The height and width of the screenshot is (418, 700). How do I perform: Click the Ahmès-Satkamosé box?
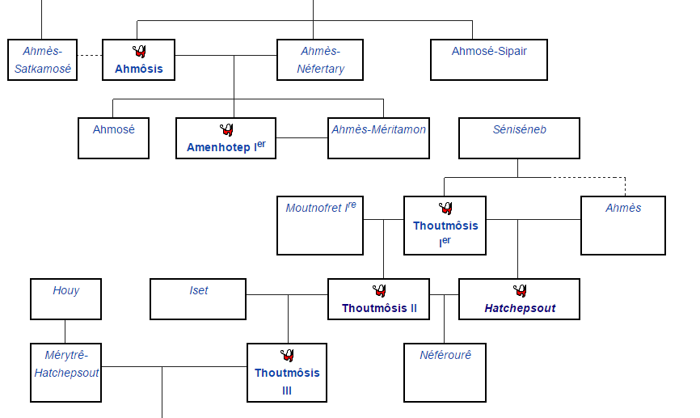click(43, 60)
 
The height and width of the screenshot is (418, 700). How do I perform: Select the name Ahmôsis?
click(139, 69)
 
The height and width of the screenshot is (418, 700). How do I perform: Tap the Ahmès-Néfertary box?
click(320, 60)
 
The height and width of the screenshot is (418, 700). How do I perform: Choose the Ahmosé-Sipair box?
click(489, 60)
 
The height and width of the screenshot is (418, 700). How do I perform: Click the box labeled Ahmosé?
click(114, 137)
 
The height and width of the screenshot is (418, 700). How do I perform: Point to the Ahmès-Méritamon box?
click(378, 137)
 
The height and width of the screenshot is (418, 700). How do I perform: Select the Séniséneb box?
click(519, 137)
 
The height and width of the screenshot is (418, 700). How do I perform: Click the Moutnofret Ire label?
click(320, 208)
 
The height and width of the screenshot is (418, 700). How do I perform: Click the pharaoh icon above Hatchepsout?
click(520, 291)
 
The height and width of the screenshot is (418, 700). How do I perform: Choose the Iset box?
click(199, 298)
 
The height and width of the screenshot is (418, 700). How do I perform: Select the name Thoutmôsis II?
click(379, 308)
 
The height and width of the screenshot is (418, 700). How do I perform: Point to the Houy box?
click(66, 298)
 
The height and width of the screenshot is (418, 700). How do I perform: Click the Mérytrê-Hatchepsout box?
click(66, 373)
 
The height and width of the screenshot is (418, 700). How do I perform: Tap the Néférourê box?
click(445, 373)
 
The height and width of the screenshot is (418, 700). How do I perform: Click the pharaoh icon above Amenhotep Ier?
click(226, 129)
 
